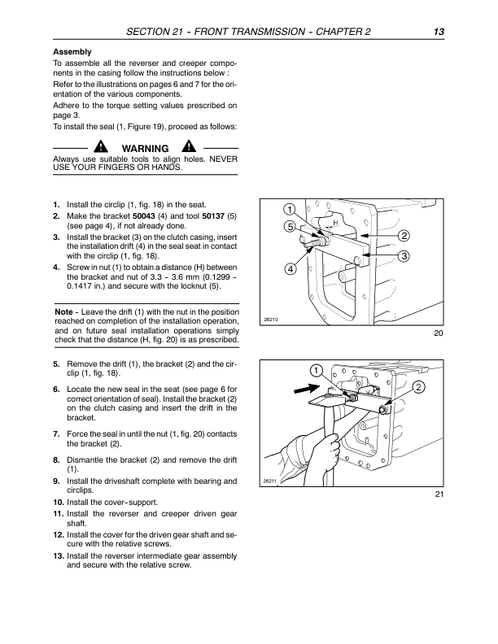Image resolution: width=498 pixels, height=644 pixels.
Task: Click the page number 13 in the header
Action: pos(439,32)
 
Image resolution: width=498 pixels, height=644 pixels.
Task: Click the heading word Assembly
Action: pos(72,51)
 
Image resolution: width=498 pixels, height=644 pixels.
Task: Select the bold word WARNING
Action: pos(145,148)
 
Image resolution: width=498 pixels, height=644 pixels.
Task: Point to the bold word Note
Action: pos(63,312)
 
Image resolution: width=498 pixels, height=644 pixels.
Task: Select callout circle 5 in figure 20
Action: pos(290,227)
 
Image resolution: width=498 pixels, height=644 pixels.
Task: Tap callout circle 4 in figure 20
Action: pos(290,268)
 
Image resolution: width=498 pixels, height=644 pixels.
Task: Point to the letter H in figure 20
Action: pos(334,221)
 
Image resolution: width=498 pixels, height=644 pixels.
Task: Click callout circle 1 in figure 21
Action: pos(316,371)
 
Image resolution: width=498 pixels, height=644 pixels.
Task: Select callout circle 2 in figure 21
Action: pos(419,387)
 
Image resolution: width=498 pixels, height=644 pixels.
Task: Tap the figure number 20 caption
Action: pos(439,331)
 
